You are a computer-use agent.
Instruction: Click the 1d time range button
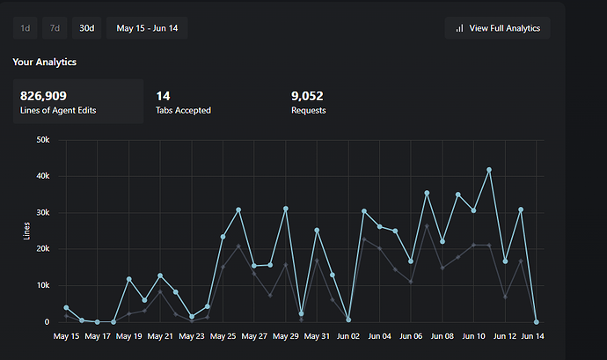[x=26, y=28]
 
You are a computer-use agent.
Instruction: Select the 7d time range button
[x=55, y=28]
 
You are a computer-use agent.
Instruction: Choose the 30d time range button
[x=86, y=28]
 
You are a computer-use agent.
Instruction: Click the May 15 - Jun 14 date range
[x=147, y=28]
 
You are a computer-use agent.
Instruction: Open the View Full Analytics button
[x=498, y=28]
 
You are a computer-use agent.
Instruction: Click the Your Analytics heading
[x=44, y=62]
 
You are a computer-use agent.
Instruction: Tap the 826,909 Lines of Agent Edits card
[x=77, y=101]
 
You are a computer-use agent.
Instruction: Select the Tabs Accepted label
[x=183, y=111]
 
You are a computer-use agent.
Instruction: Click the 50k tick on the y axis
[x=40, y=140]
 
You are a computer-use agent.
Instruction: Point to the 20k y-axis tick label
[x=40, y=249]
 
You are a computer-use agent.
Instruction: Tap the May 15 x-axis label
[x=66, y=336]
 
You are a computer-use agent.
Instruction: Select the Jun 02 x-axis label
[x=349, y=336]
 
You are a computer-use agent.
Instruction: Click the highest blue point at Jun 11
[x=489, y=170]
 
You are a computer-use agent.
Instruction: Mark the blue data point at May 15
[x=66, y=307]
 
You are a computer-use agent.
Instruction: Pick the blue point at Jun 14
[x=537, y=322]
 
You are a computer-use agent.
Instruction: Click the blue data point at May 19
[x=128, y=279]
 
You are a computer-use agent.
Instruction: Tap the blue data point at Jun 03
[x=364, y=211]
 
